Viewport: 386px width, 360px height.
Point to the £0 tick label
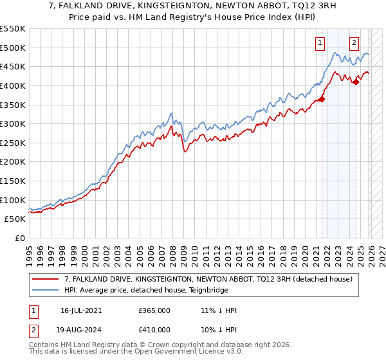point(21,239)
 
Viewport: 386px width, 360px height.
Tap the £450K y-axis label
point(13,66)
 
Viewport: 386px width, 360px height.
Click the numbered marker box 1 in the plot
point(320,43)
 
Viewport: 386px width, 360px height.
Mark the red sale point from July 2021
point(322,99)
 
